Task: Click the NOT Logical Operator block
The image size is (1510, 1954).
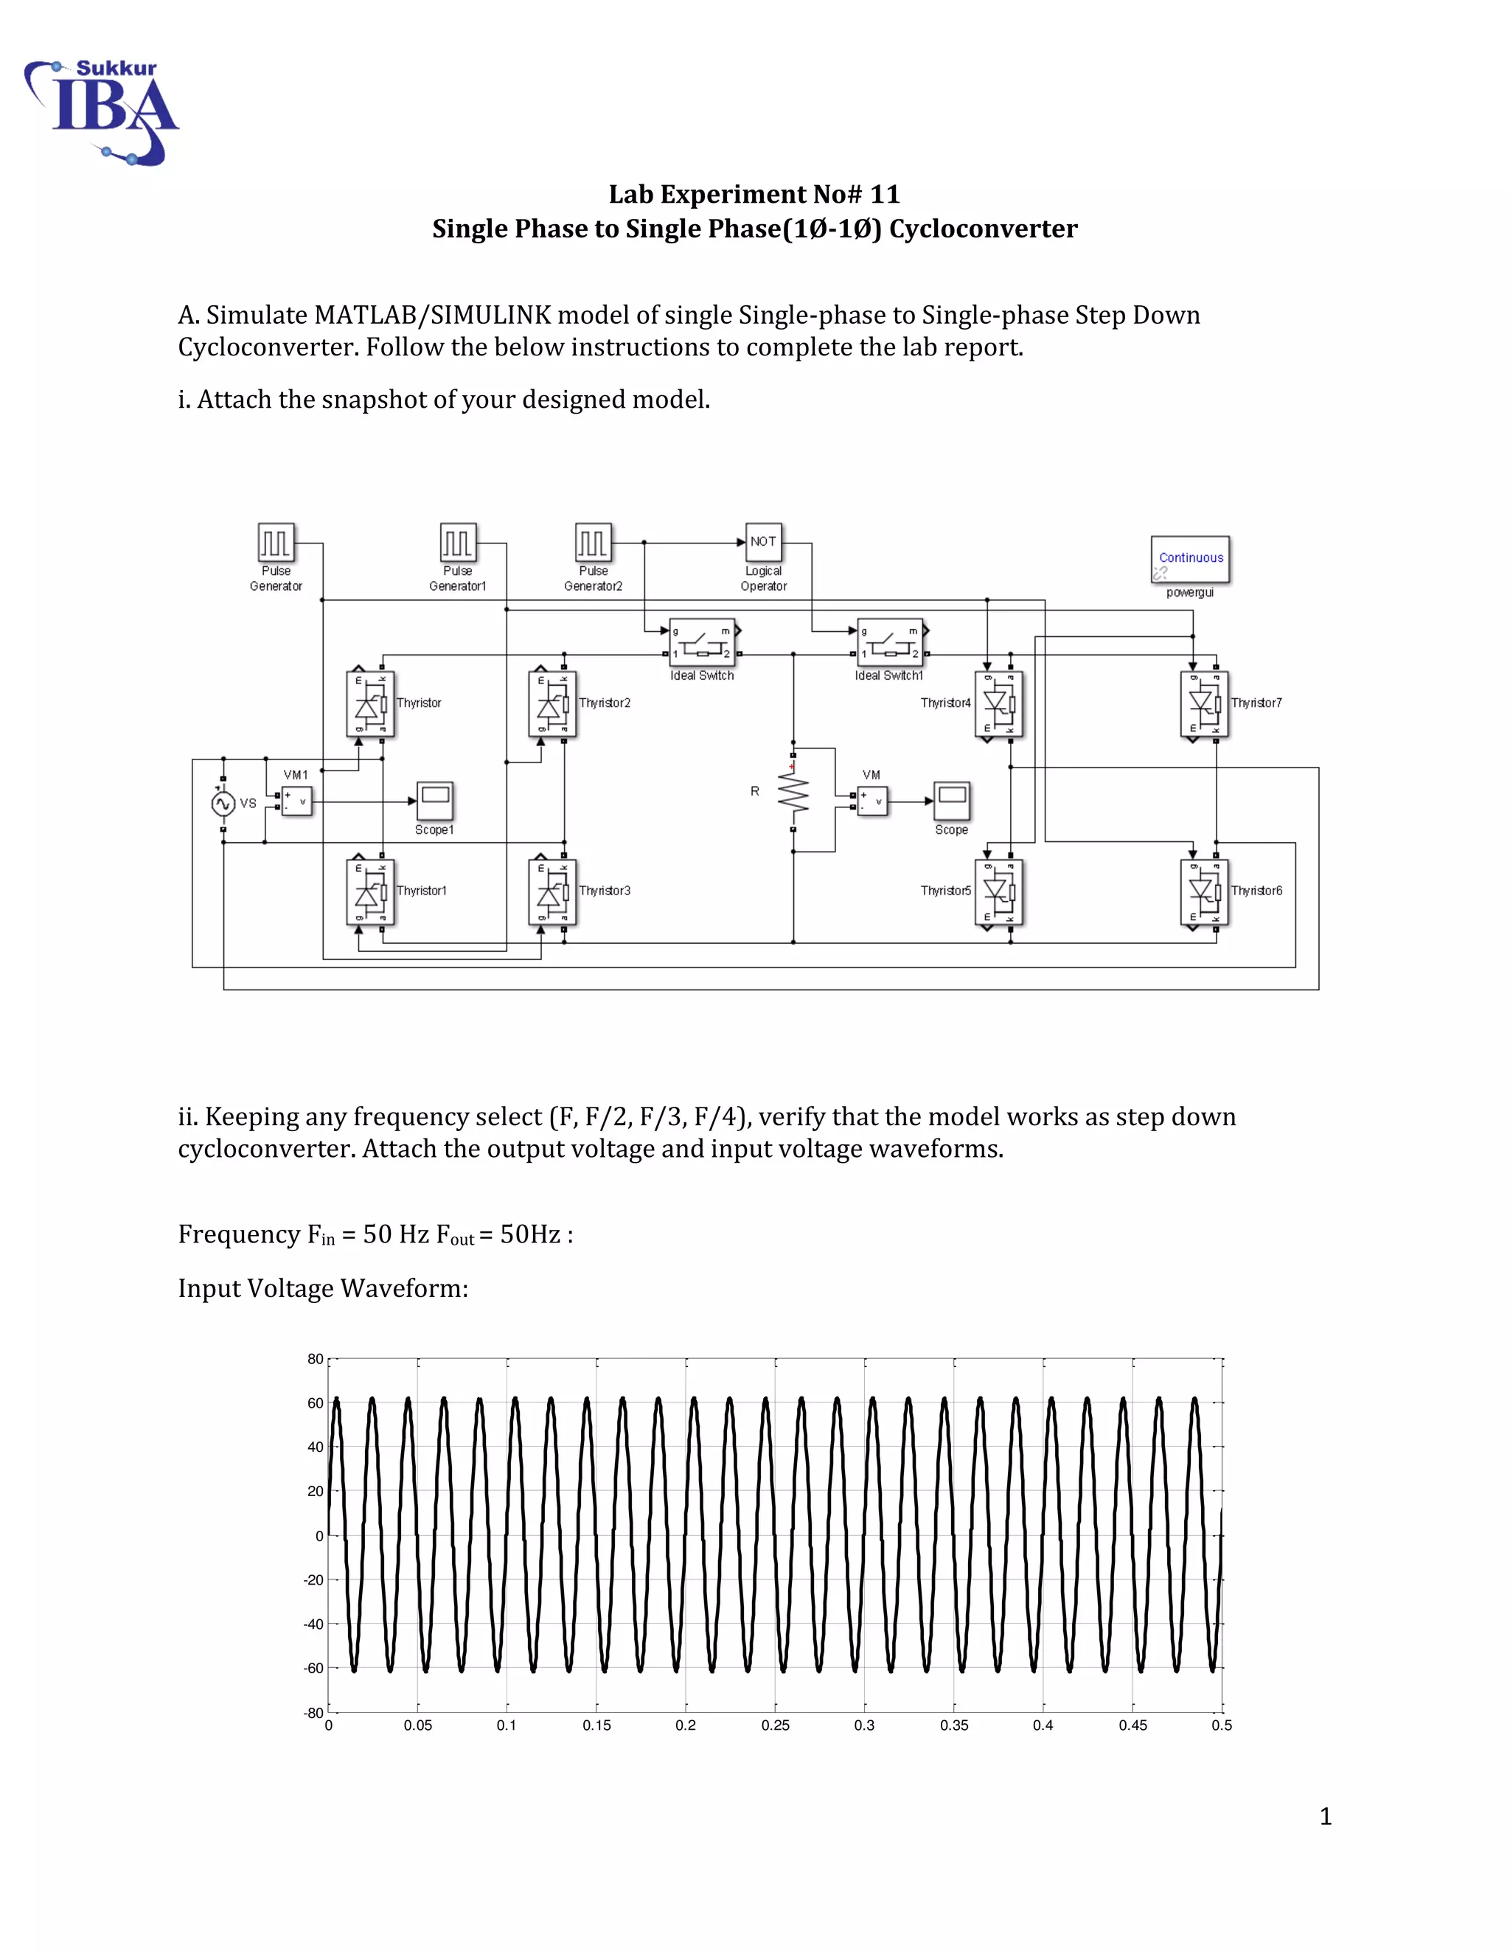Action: click(x=763, y=541)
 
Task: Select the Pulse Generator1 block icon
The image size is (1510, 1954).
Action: click(x=457, y=542)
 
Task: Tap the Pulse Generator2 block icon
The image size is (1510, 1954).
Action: click(x=593, y=542)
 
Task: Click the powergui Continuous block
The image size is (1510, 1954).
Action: click(x=1190, y=559)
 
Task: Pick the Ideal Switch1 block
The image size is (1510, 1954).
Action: click(x=889, y=642)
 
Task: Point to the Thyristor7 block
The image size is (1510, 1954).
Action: click(x=1204, y=704)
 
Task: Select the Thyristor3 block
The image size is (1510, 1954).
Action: click(x=552, y=892)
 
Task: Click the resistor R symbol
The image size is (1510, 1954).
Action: click(x=793, y=792)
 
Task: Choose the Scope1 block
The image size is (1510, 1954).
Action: click(x=435, y=800)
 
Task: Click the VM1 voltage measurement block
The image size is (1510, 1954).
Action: click(x=296, y=801)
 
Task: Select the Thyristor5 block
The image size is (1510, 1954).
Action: click(x=998, y=892)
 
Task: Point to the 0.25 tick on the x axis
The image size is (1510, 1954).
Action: click(x=775, y=1725)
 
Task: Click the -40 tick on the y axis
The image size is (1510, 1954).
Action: click(x=313, y=1624)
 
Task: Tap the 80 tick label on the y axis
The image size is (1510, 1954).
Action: click(x=315, y=1359)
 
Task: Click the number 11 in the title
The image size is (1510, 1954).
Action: click(x=885, y=194)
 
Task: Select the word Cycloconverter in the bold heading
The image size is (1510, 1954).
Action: click(x=983, y=229)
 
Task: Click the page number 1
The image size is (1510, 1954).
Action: click(x=1326, y=1815)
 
